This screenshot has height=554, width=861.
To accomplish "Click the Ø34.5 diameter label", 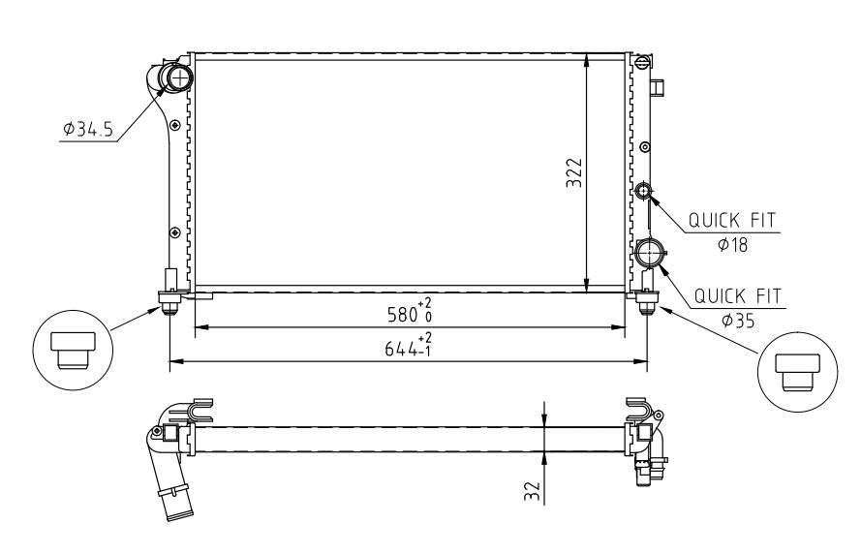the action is click(x=88, y=130).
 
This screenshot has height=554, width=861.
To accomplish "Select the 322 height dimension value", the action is click(x=573, y=173).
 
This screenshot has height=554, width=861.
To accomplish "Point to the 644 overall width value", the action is click(x=401, y=348).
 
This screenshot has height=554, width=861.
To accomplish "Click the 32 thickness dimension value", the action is click(x=532, y=491).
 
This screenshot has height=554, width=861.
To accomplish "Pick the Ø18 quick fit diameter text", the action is click(x=732, y=244).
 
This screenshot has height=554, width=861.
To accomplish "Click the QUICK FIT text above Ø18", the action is click(x=732, y=221).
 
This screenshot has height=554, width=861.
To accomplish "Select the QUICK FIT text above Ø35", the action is click(x=737, y=296).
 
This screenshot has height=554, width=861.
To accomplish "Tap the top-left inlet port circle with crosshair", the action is click(x=179, y=77).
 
